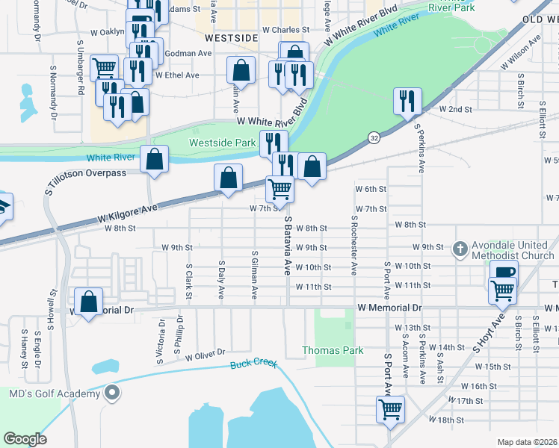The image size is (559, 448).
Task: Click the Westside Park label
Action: [212, 143]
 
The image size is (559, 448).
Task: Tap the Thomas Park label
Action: [333, 350]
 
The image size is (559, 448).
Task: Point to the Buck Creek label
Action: [253, 364]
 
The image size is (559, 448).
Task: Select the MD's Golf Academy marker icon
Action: [111, 393]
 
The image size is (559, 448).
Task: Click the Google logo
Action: [25, 439]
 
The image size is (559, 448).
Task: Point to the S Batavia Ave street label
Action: [287, 247]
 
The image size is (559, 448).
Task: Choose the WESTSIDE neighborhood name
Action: [231, 37]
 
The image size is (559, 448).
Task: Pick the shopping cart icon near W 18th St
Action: [390, 409]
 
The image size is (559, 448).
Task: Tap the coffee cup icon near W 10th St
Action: [505, 272]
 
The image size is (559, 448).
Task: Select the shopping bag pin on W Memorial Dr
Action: [89, 302]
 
